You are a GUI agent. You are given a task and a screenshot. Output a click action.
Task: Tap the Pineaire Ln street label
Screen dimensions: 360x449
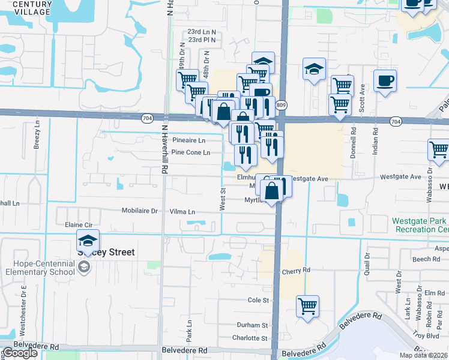pos(188,140)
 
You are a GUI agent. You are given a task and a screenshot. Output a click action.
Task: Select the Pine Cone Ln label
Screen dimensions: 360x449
pos(190,152)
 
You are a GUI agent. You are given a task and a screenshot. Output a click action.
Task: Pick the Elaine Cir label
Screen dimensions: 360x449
pos(77,224)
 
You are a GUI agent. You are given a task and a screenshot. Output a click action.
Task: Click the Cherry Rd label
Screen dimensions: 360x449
pos(296,271)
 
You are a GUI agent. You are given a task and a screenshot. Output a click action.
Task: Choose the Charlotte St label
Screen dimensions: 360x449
pos(250,338)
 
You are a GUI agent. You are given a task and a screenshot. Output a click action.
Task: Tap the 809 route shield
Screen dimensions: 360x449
pos(281,105)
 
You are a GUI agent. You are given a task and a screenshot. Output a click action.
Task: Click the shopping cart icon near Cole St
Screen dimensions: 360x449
pos(308,306)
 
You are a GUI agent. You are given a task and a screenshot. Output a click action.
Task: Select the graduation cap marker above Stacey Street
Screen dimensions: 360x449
pos(88,241)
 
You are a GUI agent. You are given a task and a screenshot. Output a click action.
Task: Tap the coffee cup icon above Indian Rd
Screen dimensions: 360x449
pos(385,80)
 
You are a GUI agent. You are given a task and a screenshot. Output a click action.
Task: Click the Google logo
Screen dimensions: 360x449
pos(20,353)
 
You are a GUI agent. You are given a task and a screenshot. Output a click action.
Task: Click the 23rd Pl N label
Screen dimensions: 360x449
pos(201,40)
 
